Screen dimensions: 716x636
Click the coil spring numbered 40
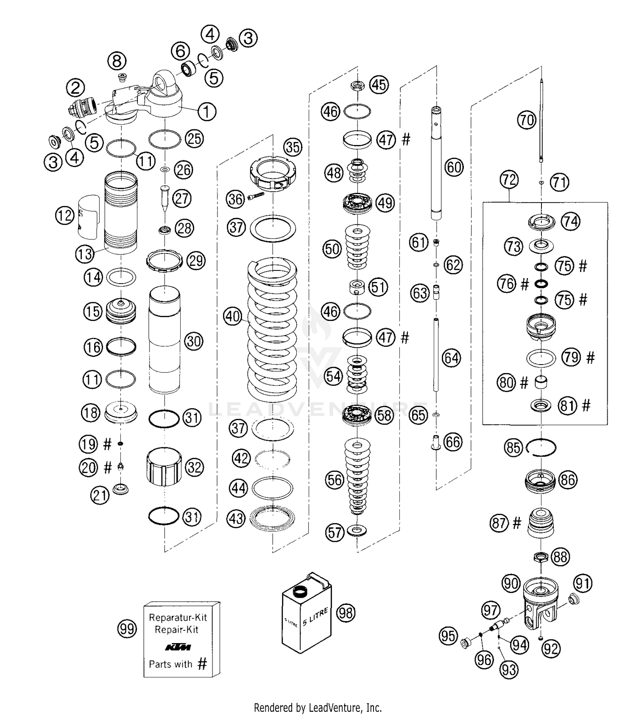(x=272, y=331)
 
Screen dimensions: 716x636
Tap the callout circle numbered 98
(x=346, y=613)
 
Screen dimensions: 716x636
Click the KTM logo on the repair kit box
(x=178, y=647)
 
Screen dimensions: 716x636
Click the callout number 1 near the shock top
(x=206, y=112)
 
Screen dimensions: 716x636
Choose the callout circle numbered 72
(x=509, y=180)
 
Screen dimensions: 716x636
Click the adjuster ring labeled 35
(x=273, y=174)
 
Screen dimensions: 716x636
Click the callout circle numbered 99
(x=127, y=629)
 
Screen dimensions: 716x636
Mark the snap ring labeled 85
(x=541, y=448)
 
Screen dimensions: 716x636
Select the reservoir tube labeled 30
(x=165, y=339)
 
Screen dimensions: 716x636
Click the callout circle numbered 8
(x=117, y=61)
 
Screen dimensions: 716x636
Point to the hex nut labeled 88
(x=541, y=556)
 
